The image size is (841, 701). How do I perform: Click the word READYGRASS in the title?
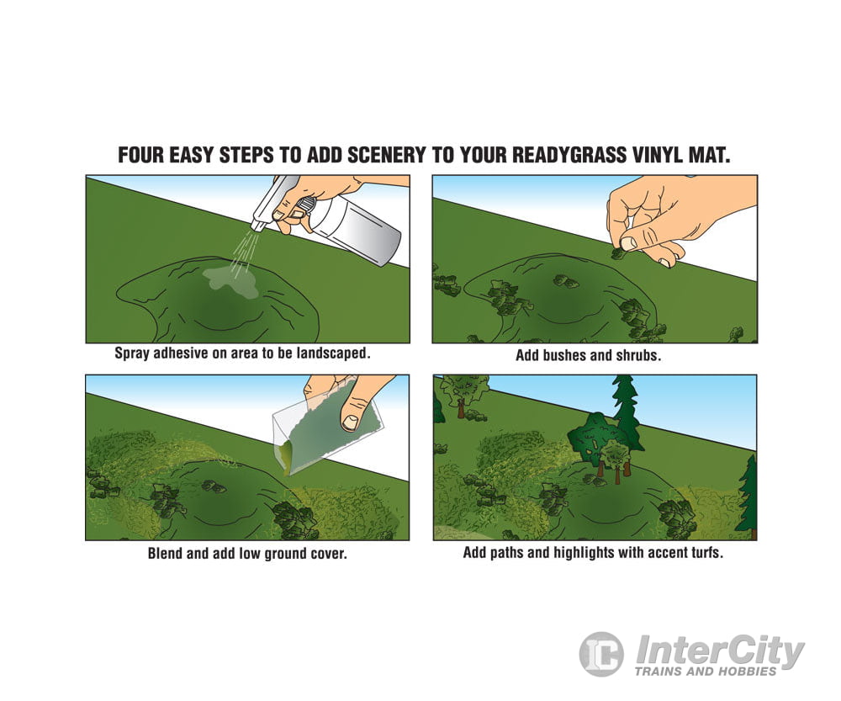569,155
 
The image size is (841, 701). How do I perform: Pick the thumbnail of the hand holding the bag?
350,422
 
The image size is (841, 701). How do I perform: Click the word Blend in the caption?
165,554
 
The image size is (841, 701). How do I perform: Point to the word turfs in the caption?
706,552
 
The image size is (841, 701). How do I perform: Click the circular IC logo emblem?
601,654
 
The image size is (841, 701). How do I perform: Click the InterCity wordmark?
720,650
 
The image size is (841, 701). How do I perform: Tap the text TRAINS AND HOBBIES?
706,672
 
